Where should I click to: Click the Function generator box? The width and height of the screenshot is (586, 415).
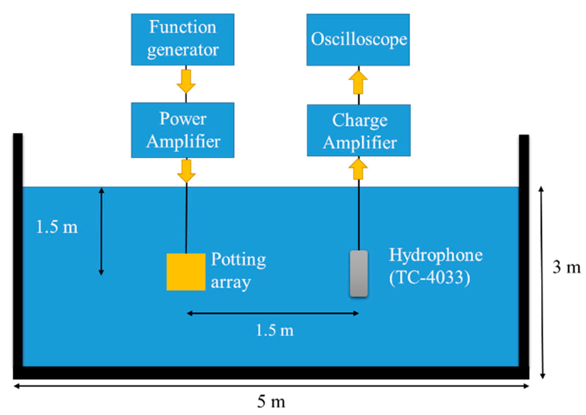point(182,39)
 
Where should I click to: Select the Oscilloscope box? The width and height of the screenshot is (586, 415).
point(358,39)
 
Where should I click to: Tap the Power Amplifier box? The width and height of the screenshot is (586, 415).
point(182,130)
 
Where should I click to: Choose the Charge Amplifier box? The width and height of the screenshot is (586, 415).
point(358,130)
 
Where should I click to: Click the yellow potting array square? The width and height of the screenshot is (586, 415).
point(186,272)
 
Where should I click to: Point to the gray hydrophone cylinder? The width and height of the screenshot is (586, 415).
point(359,273)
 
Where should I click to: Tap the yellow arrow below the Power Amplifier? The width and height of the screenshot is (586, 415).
point(186,171)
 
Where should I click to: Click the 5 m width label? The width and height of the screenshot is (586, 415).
point(271,402)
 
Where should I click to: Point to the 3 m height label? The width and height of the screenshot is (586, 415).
point(566,267)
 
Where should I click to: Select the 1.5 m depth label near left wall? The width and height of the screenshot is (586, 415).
point(57,227)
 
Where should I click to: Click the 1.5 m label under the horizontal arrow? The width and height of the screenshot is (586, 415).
point(275,330)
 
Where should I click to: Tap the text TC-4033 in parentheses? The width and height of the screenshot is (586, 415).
point(429,277)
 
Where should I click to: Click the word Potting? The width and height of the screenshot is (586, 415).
point(238,259)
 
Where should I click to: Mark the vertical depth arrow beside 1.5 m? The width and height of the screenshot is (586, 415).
point(101,231)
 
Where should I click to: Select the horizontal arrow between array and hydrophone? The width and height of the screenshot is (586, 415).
point(273,313)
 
